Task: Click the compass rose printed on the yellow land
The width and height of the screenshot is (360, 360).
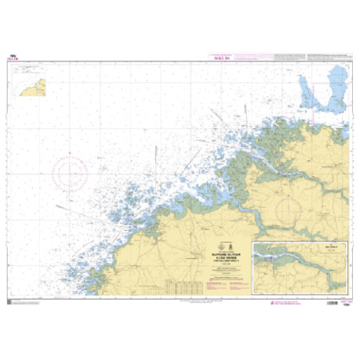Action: [284, 208]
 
